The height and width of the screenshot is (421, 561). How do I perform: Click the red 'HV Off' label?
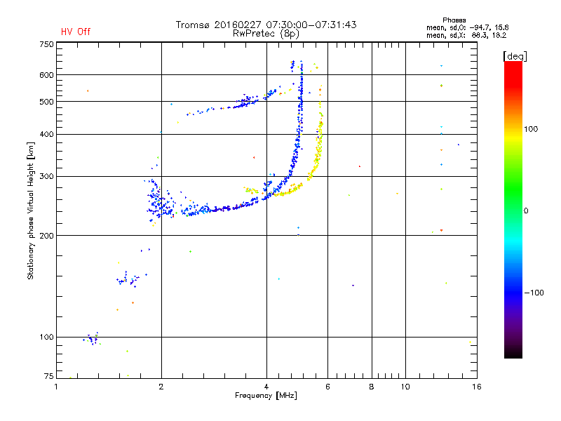(75, 32)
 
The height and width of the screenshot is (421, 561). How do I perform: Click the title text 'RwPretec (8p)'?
(266, 33)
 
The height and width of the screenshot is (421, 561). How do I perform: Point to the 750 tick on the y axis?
(47, 44)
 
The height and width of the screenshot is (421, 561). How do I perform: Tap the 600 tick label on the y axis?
(47, 75)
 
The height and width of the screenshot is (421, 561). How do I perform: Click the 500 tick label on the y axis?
(47, 102)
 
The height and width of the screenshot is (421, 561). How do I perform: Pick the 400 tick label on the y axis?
(47, 134)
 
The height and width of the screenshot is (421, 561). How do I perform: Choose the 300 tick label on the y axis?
(47, 176)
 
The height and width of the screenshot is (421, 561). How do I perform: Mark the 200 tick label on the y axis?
(47, 235)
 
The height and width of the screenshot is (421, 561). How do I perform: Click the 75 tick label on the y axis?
(49, 377)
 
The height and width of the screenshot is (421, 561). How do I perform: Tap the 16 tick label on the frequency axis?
(476, 387)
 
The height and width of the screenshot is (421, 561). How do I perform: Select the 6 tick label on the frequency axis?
(327, 387)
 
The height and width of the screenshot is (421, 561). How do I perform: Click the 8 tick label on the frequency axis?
(372, 387)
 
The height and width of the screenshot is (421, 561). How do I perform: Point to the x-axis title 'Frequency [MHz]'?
(266, 396)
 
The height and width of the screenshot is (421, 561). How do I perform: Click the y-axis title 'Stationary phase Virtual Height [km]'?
(31, 210)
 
